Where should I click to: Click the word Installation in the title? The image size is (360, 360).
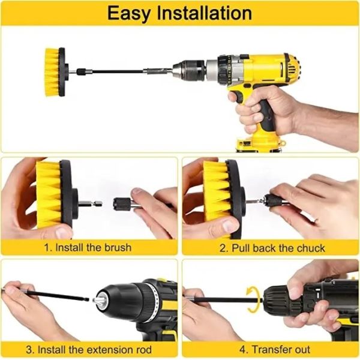pyautogui.click(x=205, y=13)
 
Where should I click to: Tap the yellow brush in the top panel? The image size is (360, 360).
pyautogui.click(x=52, y=71)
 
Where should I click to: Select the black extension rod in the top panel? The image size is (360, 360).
pyautogui.click(x=114, y=71)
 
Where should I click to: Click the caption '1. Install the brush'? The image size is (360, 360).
pyautogui.click(x=89, y=247)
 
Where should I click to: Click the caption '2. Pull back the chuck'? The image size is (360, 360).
pyautogui.click(x=272, y=247)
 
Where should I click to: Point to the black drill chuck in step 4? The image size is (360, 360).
pyautogui.click(x=285, y=298)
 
